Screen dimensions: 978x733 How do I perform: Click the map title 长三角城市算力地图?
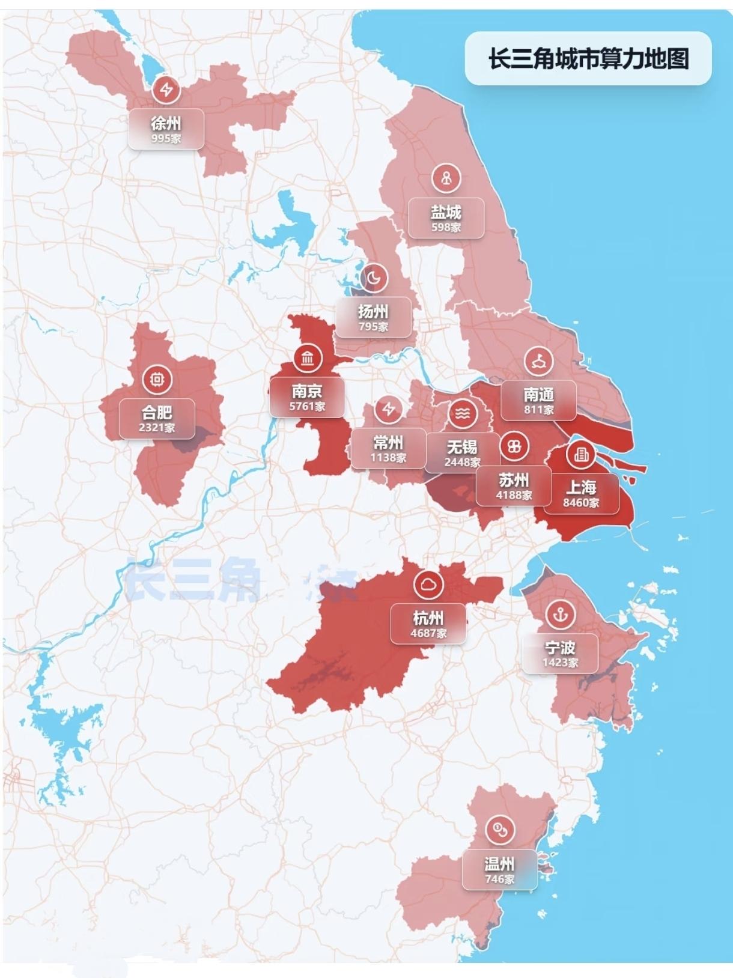tap(588, 59)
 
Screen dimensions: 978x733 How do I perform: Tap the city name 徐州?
tap(166, 124)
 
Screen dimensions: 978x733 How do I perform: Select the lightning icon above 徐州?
tap(166, 90)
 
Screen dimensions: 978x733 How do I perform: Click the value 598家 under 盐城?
tap(446, 228)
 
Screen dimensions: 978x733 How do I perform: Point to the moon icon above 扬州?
tap(374, 278)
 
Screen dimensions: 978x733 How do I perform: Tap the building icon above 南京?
tap(308, 359)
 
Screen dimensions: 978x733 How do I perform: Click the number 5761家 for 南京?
tap(307, 407)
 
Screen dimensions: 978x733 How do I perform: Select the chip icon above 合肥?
tap(157, 380)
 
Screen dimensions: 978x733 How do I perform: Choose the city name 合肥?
tap(157, 413)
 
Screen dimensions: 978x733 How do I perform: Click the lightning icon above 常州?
tap(389, 410)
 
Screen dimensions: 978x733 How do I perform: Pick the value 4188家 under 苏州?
tap(514, 496)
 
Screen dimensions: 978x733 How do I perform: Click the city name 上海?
tap(581, 487)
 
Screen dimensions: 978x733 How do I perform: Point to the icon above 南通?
tap(539, 361)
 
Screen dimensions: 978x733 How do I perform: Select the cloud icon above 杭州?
tap(429, 584)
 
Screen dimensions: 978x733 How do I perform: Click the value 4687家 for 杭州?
tap(428, 633)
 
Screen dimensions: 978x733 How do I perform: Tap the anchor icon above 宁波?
tap(561, 614)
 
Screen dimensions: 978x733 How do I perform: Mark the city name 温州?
tap(499, 864)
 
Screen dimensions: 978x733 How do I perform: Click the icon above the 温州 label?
tap(500, 830)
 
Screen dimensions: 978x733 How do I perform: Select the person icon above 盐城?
tap(446, 178)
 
